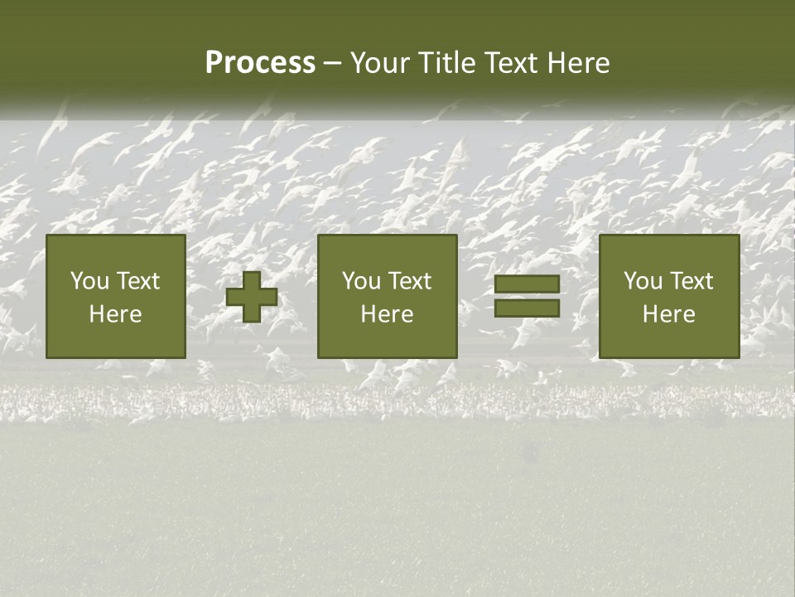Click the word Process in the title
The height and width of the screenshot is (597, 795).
(x=260, y=63)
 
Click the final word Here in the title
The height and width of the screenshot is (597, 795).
(x=579, y=63)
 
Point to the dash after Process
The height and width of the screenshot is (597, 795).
(x=333, y=64)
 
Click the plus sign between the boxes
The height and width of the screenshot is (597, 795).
(x=252, y=297)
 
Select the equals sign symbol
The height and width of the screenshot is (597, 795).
(x=527, y=296)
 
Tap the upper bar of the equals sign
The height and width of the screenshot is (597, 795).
(x=527, y=284)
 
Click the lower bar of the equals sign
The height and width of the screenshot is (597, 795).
(x=527, y=308)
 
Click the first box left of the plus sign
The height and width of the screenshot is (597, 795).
(x=116, y=296)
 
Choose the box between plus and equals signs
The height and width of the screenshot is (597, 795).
(x=388, y=296)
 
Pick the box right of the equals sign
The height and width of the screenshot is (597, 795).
(x=669, y=296)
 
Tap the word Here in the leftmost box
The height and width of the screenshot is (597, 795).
(x=116, y=314)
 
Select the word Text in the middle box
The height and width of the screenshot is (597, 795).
(x=411, y=281)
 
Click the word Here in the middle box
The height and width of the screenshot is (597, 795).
(x=388, y=314)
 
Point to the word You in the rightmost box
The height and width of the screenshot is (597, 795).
(x=643, y=281)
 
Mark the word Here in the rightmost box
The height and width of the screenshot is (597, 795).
(x=669, y=314)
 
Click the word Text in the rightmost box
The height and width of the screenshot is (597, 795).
(x=692, y=281)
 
